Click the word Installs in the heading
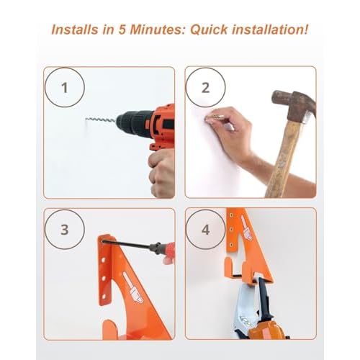pos(75,30)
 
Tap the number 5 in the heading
pos(122,30)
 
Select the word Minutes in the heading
pos(158,30)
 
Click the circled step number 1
pos(64,88)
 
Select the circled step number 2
pos(205,88)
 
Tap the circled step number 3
pos(64,230)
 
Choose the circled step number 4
pos(205,230)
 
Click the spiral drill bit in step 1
pos(101,120)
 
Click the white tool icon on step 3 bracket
pos(132,287)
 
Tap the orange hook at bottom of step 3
pos(110,329)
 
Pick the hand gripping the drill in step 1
pos(162,173)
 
